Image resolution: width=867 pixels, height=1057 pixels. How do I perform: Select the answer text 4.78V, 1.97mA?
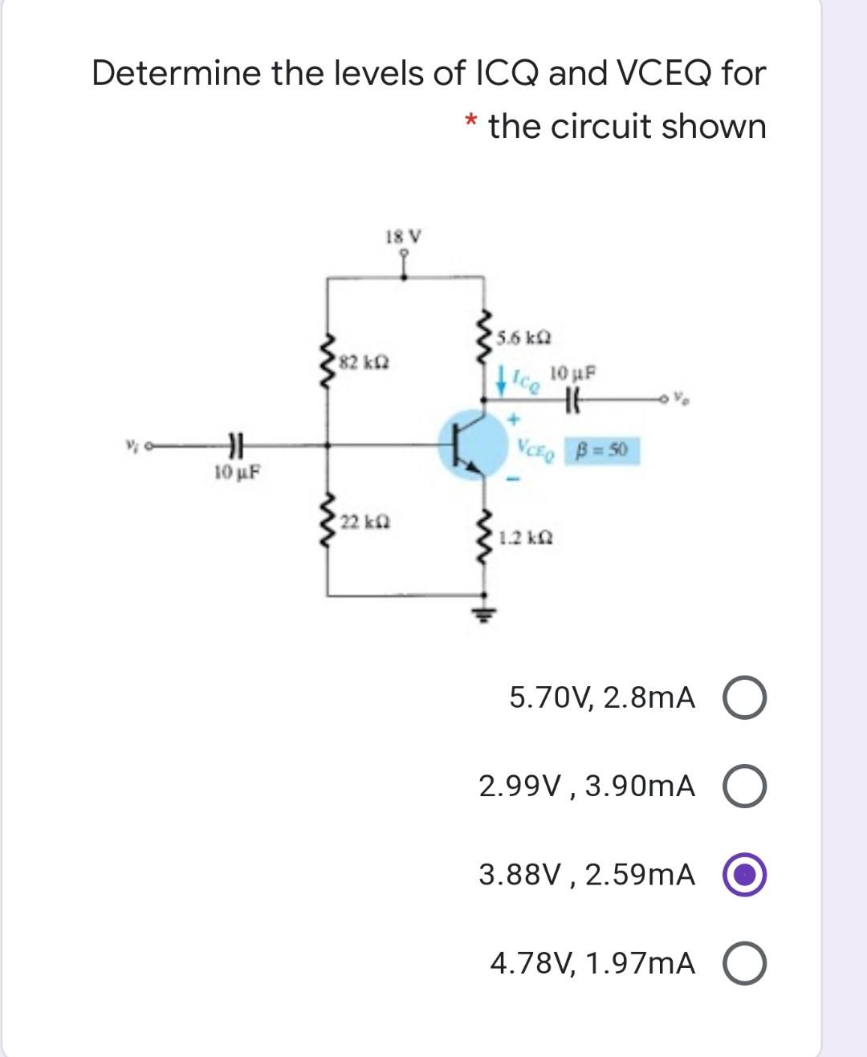pos(592,963)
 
